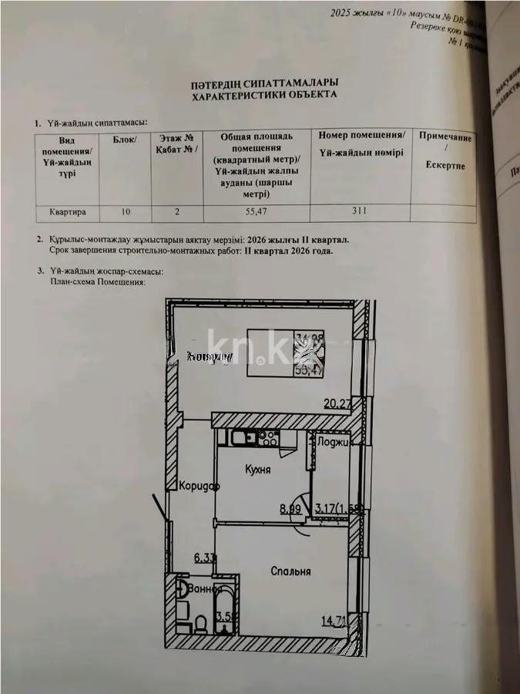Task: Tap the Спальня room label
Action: point(290,571)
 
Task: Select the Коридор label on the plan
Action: point(199,487)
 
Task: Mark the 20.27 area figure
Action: point(338,401)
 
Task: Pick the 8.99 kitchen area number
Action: point(290,507)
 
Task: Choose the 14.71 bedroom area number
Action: point(334,618)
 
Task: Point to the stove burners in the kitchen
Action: point(267,439)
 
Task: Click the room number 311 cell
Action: point(360,210)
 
